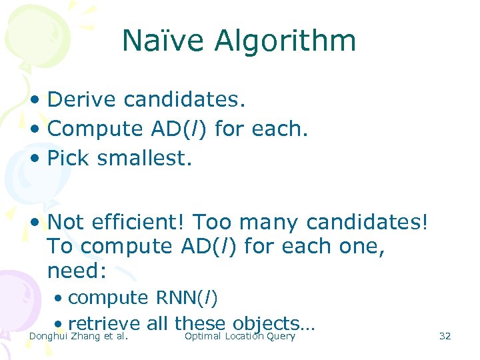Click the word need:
77,271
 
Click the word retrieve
104,324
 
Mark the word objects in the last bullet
266,324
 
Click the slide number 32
445,336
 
